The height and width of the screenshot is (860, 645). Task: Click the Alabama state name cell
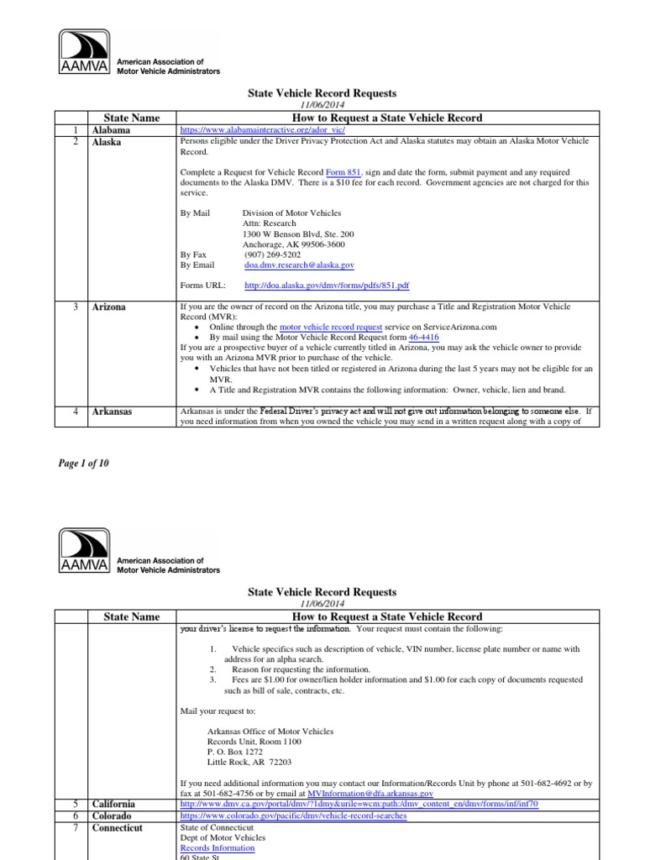point(111,131)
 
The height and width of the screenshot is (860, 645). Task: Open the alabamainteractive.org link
point(262,132)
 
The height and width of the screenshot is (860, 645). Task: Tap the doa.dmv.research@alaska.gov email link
point(299,265)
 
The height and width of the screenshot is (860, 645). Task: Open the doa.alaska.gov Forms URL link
point(326,286)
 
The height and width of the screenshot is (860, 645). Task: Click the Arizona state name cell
point(109,307)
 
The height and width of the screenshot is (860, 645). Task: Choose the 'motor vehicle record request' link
point(331,327)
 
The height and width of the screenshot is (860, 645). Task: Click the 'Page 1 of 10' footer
point(83,463)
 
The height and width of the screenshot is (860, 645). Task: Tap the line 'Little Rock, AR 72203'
point(249,762)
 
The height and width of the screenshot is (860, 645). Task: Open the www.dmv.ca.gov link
point(359,804)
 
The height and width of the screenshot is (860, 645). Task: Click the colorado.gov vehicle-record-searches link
point(294,815)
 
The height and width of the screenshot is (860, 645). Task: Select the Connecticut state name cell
point(117,827)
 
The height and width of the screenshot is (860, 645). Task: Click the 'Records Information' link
point(218,848)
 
